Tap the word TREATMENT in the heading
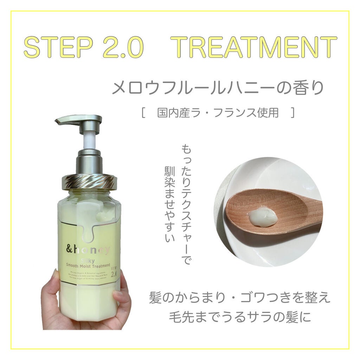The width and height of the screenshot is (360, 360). tap(256, 47)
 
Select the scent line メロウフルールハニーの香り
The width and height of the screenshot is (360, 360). tap(217, 88)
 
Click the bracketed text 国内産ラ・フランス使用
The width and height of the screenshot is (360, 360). tap(218, 113)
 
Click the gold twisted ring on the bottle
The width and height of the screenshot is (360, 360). tap(89, 181)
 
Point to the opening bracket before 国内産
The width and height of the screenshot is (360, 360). tap(143, 113)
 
